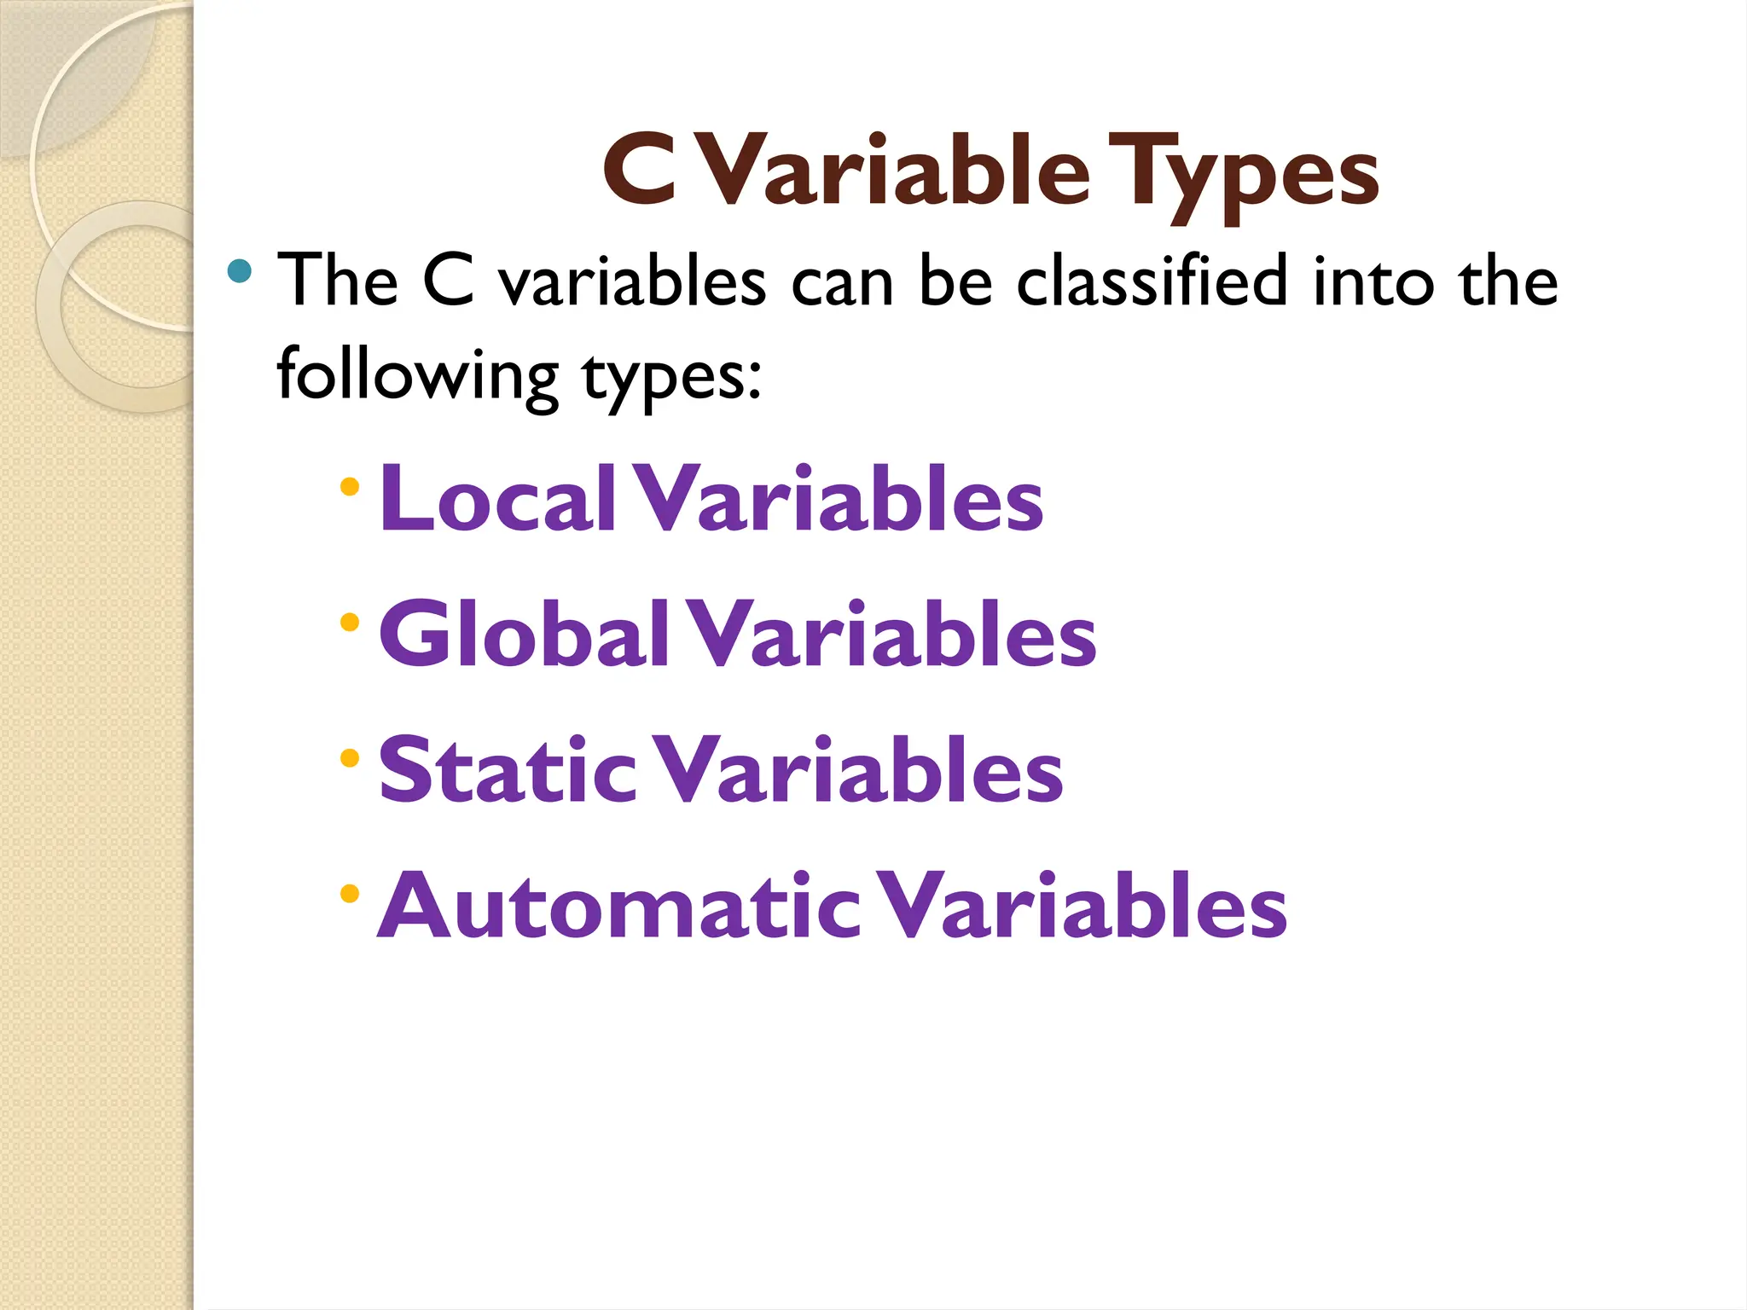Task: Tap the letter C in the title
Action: (640, 171)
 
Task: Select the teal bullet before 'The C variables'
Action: (240, 271)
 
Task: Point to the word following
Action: (417, 375)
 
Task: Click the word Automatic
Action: (618, 906)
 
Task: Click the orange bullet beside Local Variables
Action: (349, 487)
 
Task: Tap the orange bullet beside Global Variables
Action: (349, 623)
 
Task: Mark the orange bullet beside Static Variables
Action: (349, 757)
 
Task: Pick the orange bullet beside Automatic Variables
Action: (349, 894)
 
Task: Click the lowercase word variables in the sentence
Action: (632, 281)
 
